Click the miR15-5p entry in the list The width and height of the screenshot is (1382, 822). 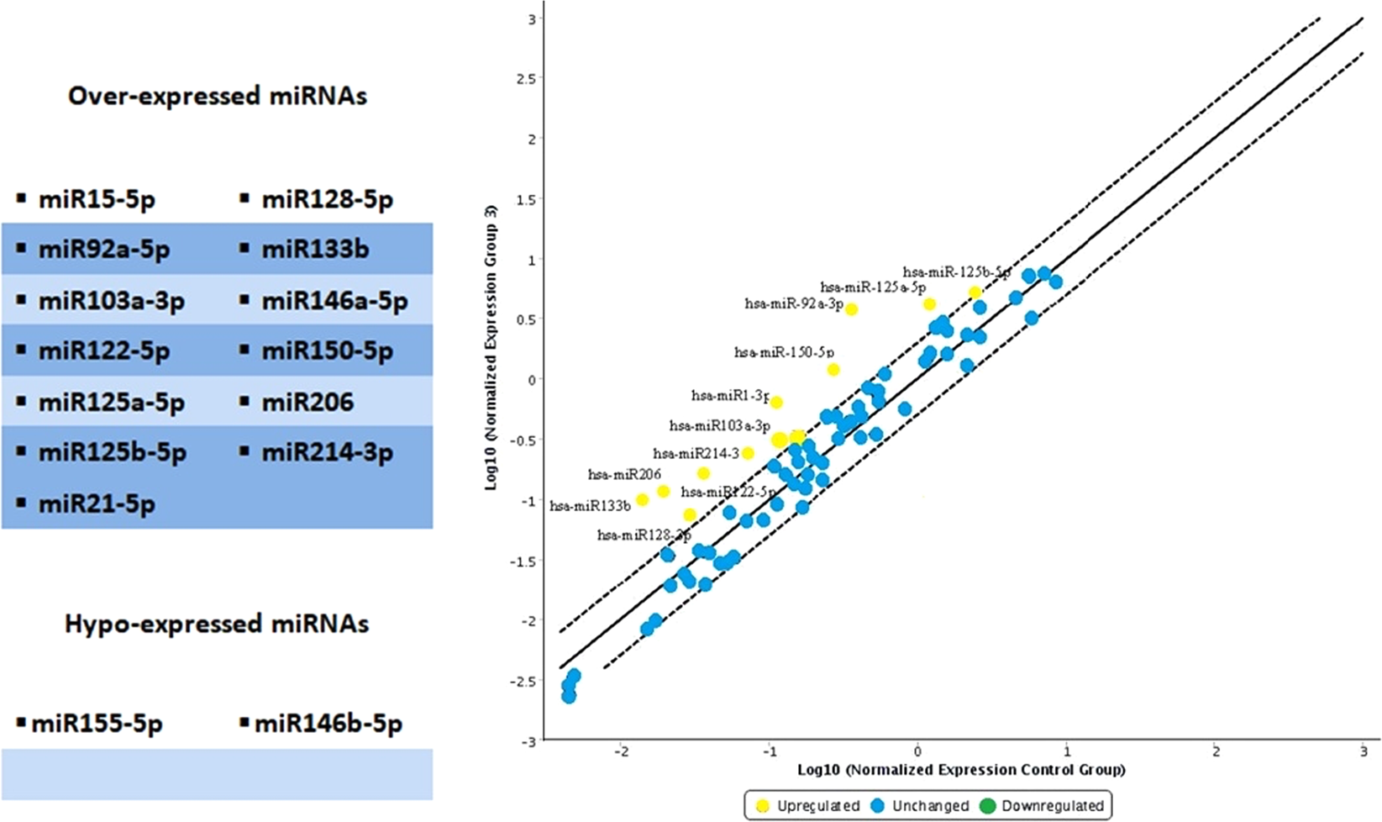(97, 199)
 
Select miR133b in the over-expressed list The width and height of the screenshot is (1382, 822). (314, 250)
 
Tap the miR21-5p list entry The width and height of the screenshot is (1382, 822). (97, 503)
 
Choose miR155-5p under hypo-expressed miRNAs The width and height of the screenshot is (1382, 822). (97, 723)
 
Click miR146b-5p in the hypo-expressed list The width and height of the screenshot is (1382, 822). (328, 723)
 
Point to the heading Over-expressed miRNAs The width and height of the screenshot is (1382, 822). (218, 96)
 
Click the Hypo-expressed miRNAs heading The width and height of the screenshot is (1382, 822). (217, 624)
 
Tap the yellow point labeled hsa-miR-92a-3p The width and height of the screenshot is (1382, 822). (851, 309)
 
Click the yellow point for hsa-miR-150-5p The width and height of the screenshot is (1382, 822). (833, 370)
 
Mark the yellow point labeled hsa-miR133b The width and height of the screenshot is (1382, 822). (643, 500)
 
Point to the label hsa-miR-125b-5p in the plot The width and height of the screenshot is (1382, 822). (956, 272)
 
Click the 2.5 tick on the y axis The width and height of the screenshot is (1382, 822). (527, 78)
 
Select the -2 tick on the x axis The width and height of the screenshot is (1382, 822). (621, 752)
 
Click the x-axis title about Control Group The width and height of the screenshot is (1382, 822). (961, 769)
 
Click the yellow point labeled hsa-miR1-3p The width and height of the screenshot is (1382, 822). (776, 403)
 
